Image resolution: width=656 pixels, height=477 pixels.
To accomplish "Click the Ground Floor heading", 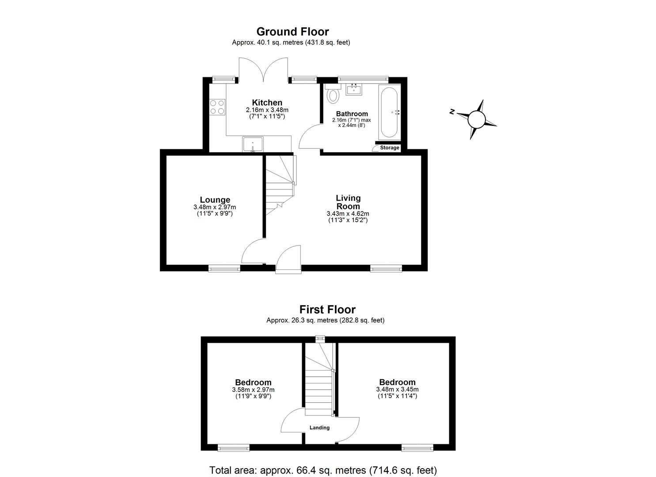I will [x=292, y=32].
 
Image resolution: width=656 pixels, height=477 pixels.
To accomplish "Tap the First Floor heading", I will [x=327, y=310].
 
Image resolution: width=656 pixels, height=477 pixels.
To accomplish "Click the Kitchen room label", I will [x=267, y=102].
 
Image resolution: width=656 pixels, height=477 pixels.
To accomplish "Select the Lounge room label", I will [x=215, y=200].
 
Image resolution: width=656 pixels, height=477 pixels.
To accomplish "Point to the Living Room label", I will [x=348, y=202].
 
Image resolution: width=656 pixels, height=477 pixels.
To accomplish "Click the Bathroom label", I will [x=352, y=114].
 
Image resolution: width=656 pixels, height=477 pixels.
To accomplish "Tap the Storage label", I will [x=389, y=148].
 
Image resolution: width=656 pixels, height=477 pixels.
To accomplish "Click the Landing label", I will [x=319, y=428].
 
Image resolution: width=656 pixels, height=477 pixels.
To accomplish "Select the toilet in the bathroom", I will [x=333, y=94].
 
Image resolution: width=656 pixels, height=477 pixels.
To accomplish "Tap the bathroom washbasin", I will [x=354, y=90].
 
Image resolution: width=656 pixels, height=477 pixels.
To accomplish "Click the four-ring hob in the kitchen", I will [x=217, y=106].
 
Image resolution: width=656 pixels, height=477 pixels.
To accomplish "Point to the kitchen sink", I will [x=253, y=144].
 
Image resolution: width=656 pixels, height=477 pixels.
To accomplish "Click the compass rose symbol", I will [x=476, y=119].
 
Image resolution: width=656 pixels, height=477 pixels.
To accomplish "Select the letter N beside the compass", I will [x=452, y=112].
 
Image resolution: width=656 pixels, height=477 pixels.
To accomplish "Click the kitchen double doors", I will [x=264, y=70].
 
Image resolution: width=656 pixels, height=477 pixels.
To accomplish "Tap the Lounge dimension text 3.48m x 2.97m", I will [x=215, y=207].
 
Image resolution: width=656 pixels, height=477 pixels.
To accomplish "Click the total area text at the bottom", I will [x=323, y=470].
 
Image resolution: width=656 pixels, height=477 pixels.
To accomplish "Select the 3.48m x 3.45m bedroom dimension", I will [x=397, y=390].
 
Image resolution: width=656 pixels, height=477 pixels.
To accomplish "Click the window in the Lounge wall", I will [x=224, y=268].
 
